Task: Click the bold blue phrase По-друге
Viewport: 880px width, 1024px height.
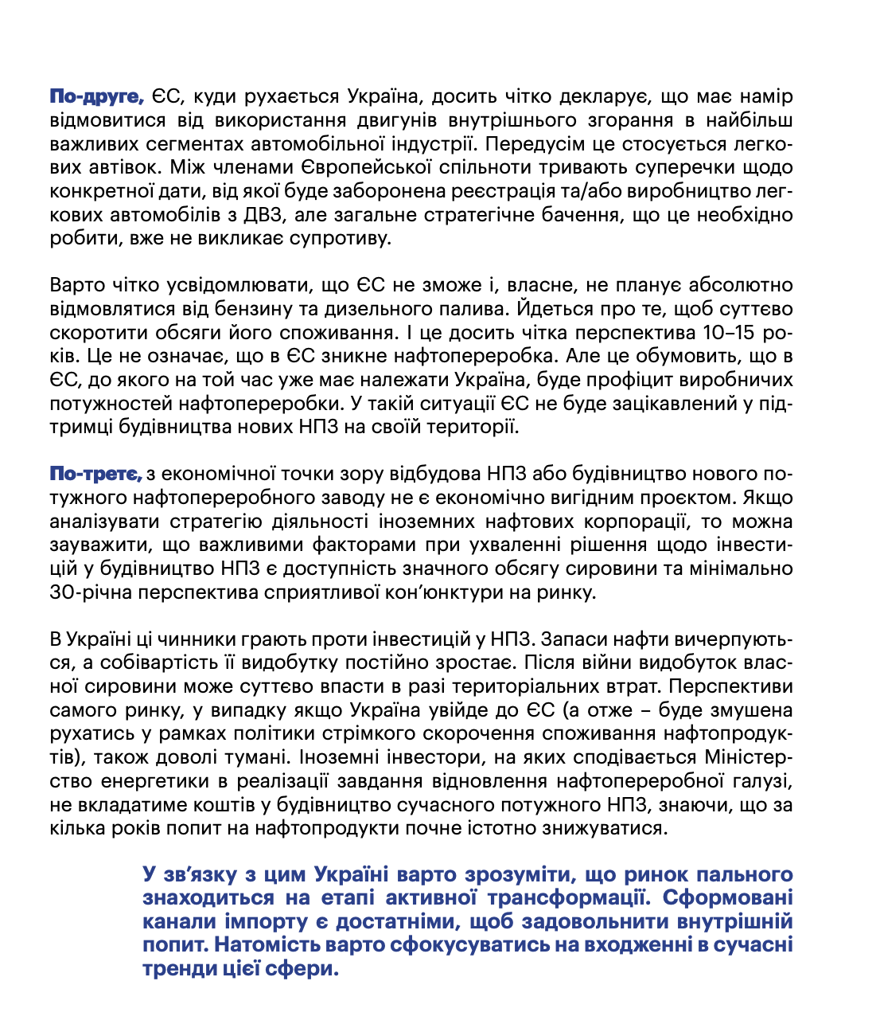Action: tap(96, 97)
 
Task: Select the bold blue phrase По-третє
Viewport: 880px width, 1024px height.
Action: tap(95, 475)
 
